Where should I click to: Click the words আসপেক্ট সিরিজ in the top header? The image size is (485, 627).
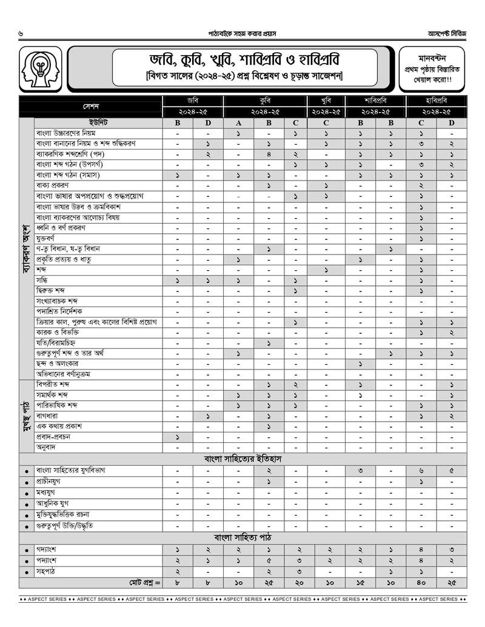(446, 33)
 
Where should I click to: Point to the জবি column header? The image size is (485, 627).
(193, 101)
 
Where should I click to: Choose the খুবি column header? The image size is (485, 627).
(326, 101)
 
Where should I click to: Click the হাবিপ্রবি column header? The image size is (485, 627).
(436, 101)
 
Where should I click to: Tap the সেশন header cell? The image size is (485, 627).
(91, 106)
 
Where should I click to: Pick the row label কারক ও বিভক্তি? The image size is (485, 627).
(58, 332)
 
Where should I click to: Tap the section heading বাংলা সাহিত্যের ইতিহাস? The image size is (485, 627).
(242, 459)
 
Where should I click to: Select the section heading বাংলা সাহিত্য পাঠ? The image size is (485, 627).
(242, 537)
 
